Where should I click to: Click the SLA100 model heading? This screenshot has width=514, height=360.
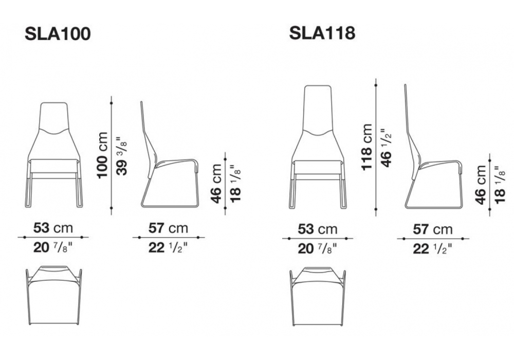58,34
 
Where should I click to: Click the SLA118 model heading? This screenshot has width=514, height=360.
322,33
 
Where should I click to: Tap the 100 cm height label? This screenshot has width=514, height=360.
102,155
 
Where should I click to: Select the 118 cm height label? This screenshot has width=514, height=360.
367,147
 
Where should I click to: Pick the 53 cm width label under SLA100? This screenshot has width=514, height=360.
53,228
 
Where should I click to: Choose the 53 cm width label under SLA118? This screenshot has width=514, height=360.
317,229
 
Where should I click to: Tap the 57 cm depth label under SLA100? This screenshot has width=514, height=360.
168,228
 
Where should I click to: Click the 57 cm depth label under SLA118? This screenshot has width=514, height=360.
432,229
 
